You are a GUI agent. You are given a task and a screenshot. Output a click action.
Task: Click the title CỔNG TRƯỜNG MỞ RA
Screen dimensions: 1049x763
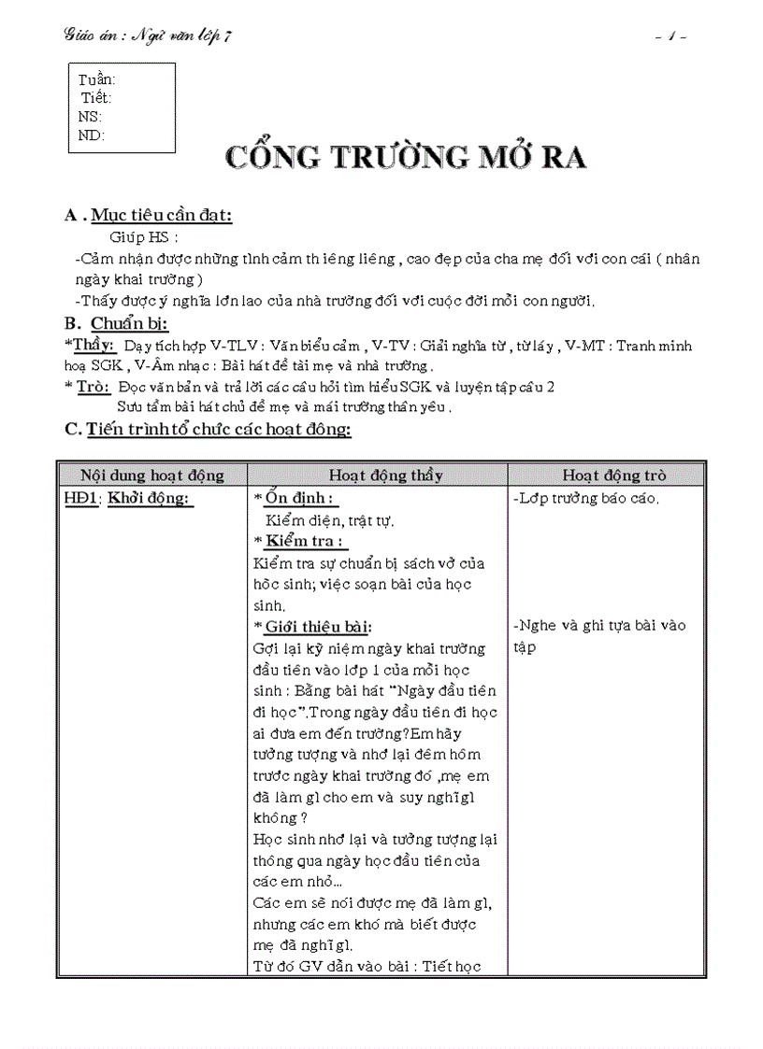[x=407, y=157]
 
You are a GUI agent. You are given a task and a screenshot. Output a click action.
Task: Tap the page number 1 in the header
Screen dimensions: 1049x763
[x=672, y=36]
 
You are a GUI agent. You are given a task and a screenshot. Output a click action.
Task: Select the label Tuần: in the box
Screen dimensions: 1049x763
[x=97, y=80]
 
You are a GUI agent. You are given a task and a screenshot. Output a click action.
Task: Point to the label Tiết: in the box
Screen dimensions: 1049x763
[x=96, y=98]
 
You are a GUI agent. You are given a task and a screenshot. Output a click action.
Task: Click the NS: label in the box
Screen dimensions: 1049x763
[x=91, y=117]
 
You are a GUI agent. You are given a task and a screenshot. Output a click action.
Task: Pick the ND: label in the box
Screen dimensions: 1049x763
[x=92, y=135]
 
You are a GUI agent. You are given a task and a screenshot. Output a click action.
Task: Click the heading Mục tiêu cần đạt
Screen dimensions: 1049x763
[x=161, y=216]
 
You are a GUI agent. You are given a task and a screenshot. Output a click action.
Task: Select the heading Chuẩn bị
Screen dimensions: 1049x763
[x=128, y=324]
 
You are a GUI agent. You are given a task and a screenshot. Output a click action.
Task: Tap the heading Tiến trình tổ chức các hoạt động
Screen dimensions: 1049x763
[x=219, y=430]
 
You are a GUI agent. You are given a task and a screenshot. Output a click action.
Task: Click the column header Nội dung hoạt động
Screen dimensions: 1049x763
[x=152, y=475]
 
